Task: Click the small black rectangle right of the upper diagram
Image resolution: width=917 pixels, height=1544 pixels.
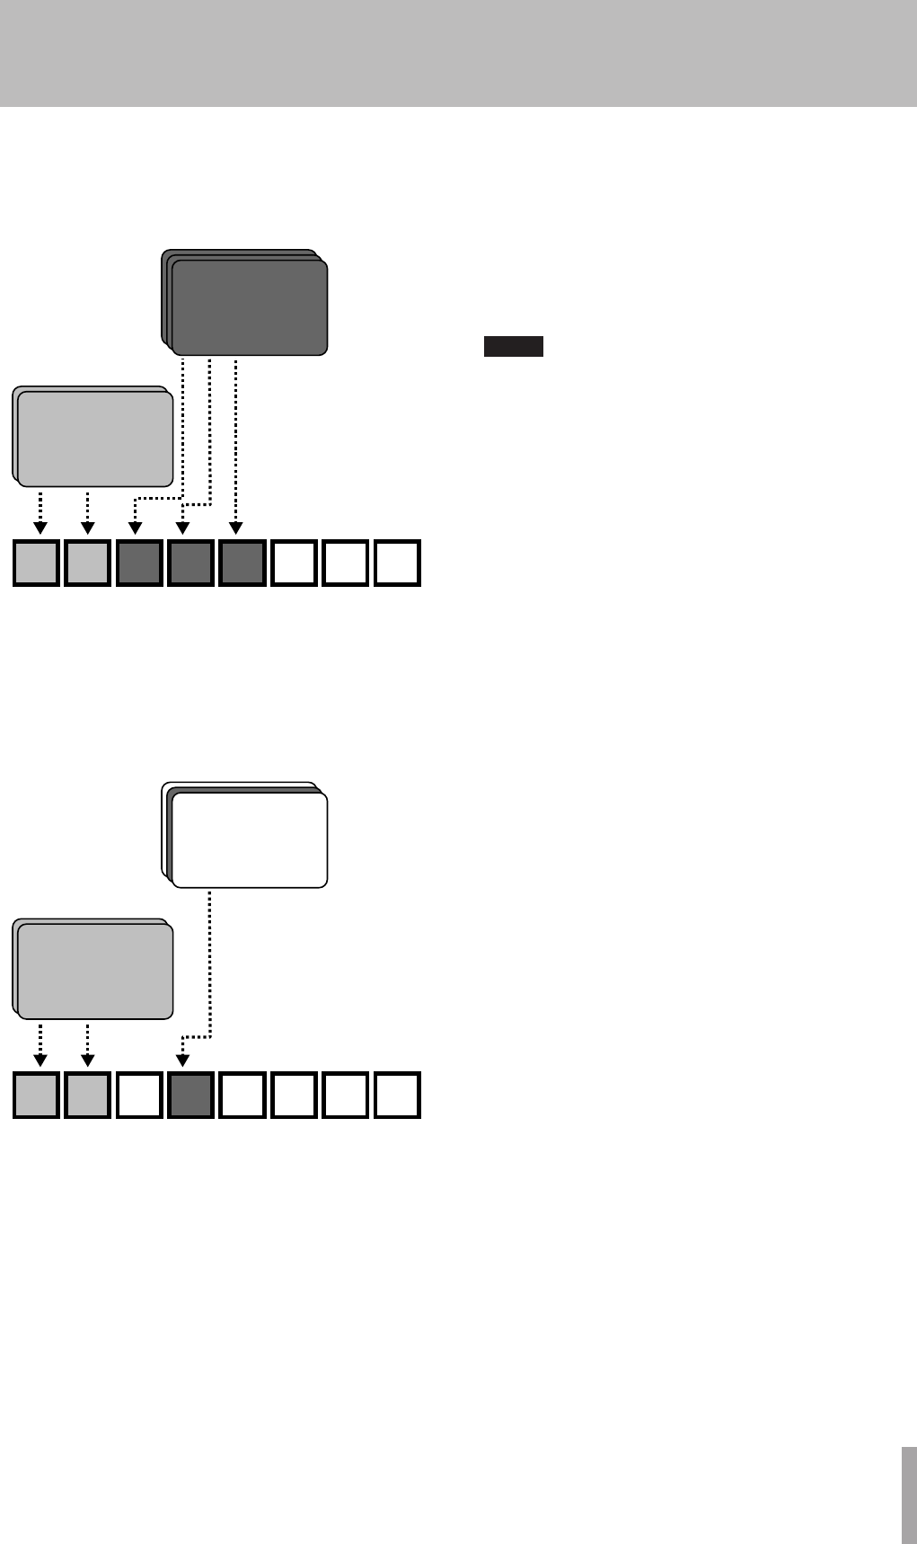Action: pyautogui.click(x=513, y=347)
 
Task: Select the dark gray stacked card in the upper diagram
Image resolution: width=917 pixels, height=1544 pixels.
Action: pyautogui.click(x=249, y=307)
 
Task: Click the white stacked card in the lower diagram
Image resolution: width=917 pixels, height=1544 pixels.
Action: pyautogui.click(x=249, y=839)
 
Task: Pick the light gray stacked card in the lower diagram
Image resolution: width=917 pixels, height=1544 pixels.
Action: pyautogui.click(x=95, y=972)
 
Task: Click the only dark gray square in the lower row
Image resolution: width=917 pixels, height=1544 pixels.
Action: pyautogui.click(x=190, y=1096)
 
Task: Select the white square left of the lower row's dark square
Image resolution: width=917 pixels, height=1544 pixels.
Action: pyautogui.click(x=139, y=1096)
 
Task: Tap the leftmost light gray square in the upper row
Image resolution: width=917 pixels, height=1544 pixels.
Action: pyautogui.click(x=37, y=563)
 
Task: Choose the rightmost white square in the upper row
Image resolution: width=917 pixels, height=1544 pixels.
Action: pyautogui.click(x=397, y=563)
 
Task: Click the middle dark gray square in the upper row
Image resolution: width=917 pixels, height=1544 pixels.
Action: pyautogui.click(x=190, y=563)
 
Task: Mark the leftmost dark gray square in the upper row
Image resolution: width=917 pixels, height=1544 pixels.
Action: pyautogui.click(x=139, y=563)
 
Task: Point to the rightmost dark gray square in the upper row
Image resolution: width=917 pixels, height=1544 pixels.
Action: pyautogui.click(x=242, y=563)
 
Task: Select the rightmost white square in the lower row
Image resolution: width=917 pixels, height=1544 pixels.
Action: pyautogui.click(x=397, y=1096)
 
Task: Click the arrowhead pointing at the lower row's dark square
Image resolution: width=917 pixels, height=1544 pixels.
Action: pyautogui.click(x=182, y=1061)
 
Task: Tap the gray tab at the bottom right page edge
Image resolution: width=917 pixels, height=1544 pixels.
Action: pyautogui.click(x=909, y=1492)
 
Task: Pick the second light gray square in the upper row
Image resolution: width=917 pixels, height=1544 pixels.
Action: pyautogui.click(x=88, y=563)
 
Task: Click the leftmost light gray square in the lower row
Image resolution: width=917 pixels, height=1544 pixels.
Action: pyautogui.click(x=37, y=1096)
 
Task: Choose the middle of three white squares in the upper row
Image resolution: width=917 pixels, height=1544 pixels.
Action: pyautogui.click(x=346, y=563)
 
